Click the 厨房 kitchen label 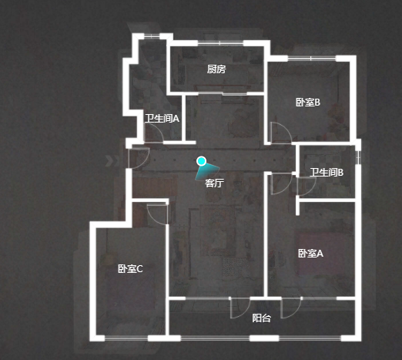click(216, 69)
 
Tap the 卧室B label click(308, 103)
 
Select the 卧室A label click(310, 254)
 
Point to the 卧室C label click(130, 269)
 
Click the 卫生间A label click(162, 119)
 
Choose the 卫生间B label click(327, 173)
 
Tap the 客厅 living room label click(214, 183)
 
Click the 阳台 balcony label click(261, 318)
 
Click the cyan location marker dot click(202, 161)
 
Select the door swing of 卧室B click(281, 133)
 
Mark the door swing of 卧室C click(157, 214)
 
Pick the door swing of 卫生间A click(155, 132)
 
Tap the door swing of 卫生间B click(307, 186)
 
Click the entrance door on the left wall click(138, 158)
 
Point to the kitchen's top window click(220, 43)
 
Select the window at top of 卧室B click(311, 59)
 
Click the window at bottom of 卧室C click(126, 338)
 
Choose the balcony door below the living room click(240, 308)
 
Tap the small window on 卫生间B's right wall click(358, 156)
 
